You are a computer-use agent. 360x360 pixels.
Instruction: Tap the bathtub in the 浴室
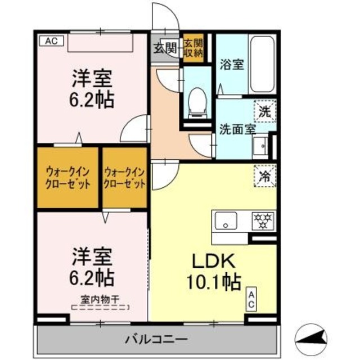pos(262,64)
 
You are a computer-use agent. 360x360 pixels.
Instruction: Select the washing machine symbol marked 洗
pos(265,111)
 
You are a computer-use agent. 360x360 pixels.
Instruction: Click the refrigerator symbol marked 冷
pos(265,176)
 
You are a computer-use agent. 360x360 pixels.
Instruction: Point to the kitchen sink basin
pos(226,220)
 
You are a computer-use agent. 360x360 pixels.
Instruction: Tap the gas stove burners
pos(263,221)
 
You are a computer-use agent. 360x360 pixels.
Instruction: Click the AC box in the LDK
pos(251,299)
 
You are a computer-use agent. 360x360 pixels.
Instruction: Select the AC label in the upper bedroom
pos(51,41)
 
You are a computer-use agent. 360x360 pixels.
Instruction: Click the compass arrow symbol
pos(311,340)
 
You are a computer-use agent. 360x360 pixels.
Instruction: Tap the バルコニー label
pos(156,339)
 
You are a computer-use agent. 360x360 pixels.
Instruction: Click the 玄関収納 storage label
pos(193,48)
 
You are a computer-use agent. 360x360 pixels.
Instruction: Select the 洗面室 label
pos(237,129)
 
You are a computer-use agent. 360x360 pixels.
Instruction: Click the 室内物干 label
pos(100,300)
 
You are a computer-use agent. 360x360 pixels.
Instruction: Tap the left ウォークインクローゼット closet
pos(67,178)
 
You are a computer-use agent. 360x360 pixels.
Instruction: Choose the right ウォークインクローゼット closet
pos(124,178)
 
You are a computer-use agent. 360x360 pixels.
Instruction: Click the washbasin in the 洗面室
pos(260,146)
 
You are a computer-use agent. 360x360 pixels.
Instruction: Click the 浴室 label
pos(232,64)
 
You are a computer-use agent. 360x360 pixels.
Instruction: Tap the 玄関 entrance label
pos(165,48)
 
